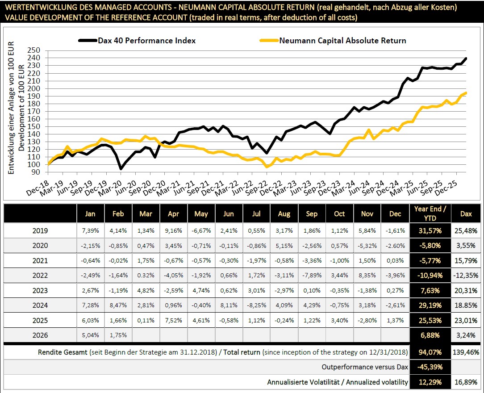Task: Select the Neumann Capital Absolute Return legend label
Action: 342,41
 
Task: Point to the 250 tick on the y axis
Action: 34,50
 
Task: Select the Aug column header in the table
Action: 284,214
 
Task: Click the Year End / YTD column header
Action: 428,214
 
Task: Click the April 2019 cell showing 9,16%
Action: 173,231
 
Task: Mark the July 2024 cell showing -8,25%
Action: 256,305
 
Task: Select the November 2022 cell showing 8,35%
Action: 367,276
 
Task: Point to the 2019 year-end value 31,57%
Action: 428,231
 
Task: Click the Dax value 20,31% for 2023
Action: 466,290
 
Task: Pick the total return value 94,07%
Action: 428,352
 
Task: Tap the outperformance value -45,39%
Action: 428,367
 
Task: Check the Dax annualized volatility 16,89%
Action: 466,382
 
